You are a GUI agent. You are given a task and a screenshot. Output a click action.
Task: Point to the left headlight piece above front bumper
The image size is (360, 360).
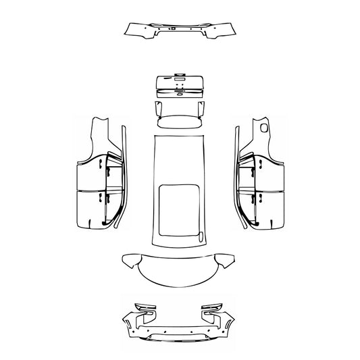tap(146, 310)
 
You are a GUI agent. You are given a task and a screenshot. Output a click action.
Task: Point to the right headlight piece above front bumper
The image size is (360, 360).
tap(213, 310)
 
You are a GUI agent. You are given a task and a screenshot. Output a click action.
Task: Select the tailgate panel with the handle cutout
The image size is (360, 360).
tap(180, 86)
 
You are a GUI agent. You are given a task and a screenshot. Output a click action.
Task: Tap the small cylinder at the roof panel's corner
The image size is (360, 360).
tap(200, 236)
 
